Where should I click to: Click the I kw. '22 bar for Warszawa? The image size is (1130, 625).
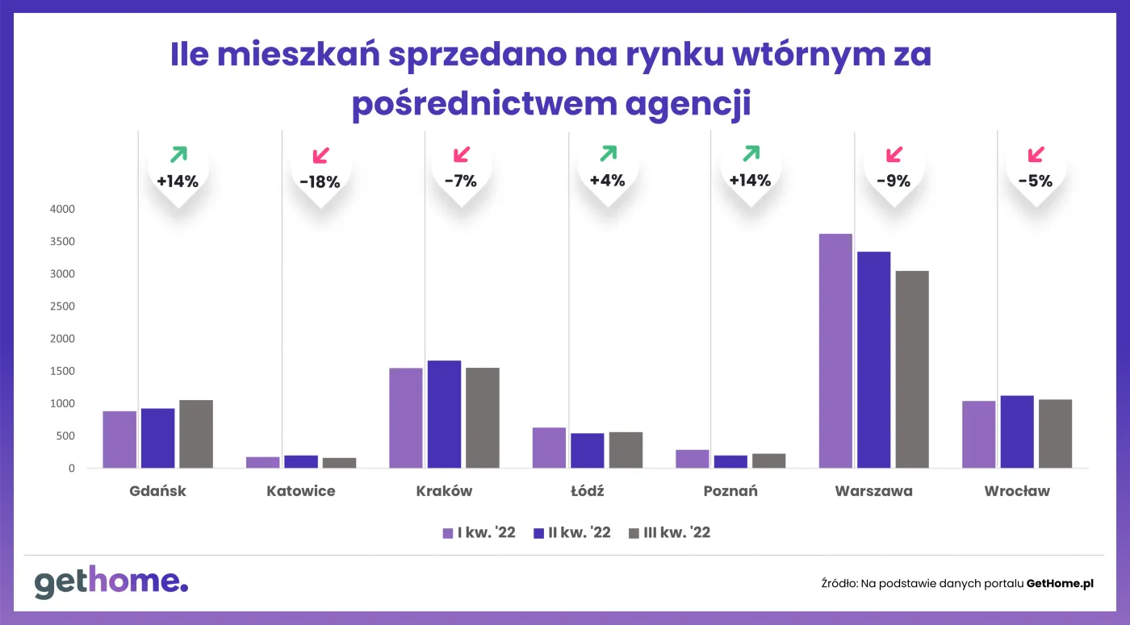pyautogui.click(x=835, y=351)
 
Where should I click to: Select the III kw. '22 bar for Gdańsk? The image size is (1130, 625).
pyautogui.click(x=196, y=434)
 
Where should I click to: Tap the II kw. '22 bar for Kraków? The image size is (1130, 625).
pyautogui.click(x=444, y=414)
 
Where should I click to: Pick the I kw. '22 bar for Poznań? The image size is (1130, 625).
pyautogui.click(x=693, y=459)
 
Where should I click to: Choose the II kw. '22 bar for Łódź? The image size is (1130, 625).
pyautogui.click(x=587, y=450)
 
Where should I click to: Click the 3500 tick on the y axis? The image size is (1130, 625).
pyautogui.click(x=61, y=242)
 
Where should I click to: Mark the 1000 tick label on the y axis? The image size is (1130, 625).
pyautogui.click(x=61, y=403)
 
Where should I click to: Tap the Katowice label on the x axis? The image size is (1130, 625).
pyautogui.click(x=300, y=491)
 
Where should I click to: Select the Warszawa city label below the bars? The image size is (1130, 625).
pyautogui.click(x=873, y=491)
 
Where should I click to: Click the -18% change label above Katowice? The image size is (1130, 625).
pyautogui.click(x=320, y=182)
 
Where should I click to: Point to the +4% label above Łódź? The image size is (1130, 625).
pyautogui.click(x=608, y=181)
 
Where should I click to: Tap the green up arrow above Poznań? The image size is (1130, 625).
pyautogui.click(x=751, y=153)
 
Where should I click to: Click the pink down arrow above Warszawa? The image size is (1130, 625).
pyautogui.click(x=894, y=154)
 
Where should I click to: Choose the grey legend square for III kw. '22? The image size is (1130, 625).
pyautogui.click(x=634, y=533)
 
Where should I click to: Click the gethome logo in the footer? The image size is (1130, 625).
pyautogui.click(x=111, y=582)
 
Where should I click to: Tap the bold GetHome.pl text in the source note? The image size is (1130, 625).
pyautogui.click(x=1060, y=583)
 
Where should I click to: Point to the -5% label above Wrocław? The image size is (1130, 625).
pyautogui.click(x=1036, y=181)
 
